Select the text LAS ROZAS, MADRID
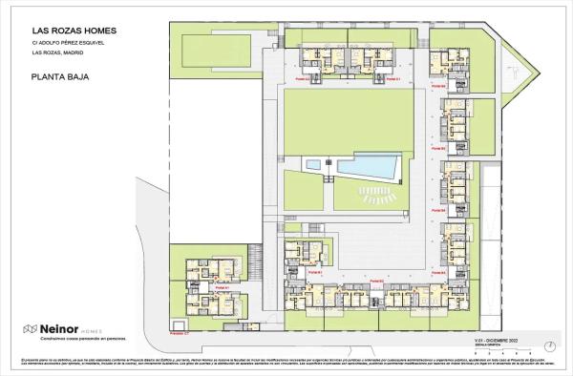coord(57,55)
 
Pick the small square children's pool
coord(313,165)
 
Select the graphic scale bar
coord(492,345)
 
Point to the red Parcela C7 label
coord(179,334)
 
